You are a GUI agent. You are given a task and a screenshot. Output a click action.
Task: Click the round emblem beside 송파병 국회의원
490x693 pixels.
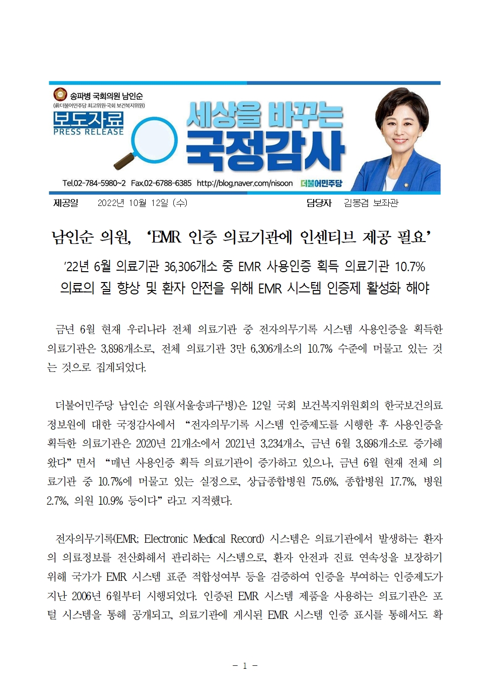tap(60, 94)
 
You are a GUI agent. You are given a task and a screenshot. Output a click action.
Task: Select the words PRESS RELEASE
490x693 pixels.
tap(88, 132)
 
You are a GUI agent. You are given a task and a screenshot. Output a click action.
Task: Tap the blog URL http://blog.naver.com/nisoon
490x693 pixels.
tap(245, 183)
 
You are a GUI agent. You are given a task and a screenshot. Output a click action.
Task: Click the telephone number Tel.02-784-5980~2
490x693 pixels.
tap(94, 183)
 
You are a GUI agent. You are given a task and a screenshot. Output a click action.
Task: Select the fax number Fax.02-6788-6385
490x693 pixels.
tap(161, 183)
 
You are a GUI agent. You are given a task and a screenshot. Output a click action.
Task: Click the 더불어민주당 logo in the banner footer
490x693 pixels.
tap(321, 183)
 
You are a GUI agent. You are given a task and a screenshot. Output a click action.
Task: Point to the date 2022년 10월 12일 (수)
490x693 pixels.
tap(142, 203)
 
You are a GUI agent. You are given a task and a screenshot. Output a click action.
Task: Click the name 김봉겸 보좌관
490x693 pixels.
tap(371, 203)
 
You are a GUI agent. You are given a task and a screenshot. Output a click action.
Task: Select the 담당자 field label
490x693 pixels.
tap(319, 203)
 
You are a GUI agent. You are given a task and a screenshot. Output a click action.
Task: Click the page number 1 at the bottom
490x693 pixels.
tap(245, 666)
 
